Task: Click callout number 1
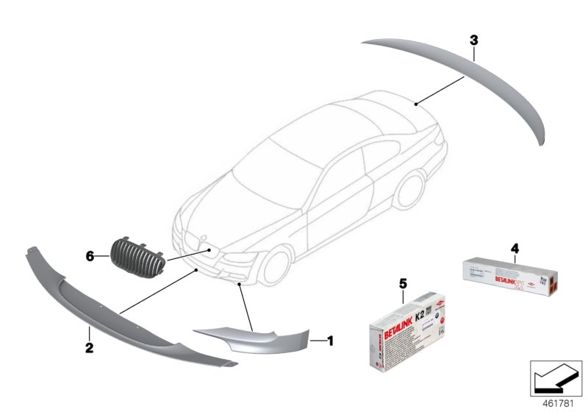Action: pyautogui.click(x=331, y=341)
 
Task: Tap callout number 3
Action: pyautogui.click(x=475, y=39)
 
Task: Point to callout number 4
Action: pyautogui.click(x=514, y=249)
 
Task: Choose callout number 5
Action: pyautogui.click(x=402, y=283)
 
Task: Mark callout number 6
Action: pyautogui.click(x=90, y=256)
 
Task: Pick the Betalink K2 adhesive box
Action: pyautogui.click(x=404, y=331)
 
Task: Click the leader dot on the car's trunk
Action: pyautogui.click(x=416, y=104)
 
